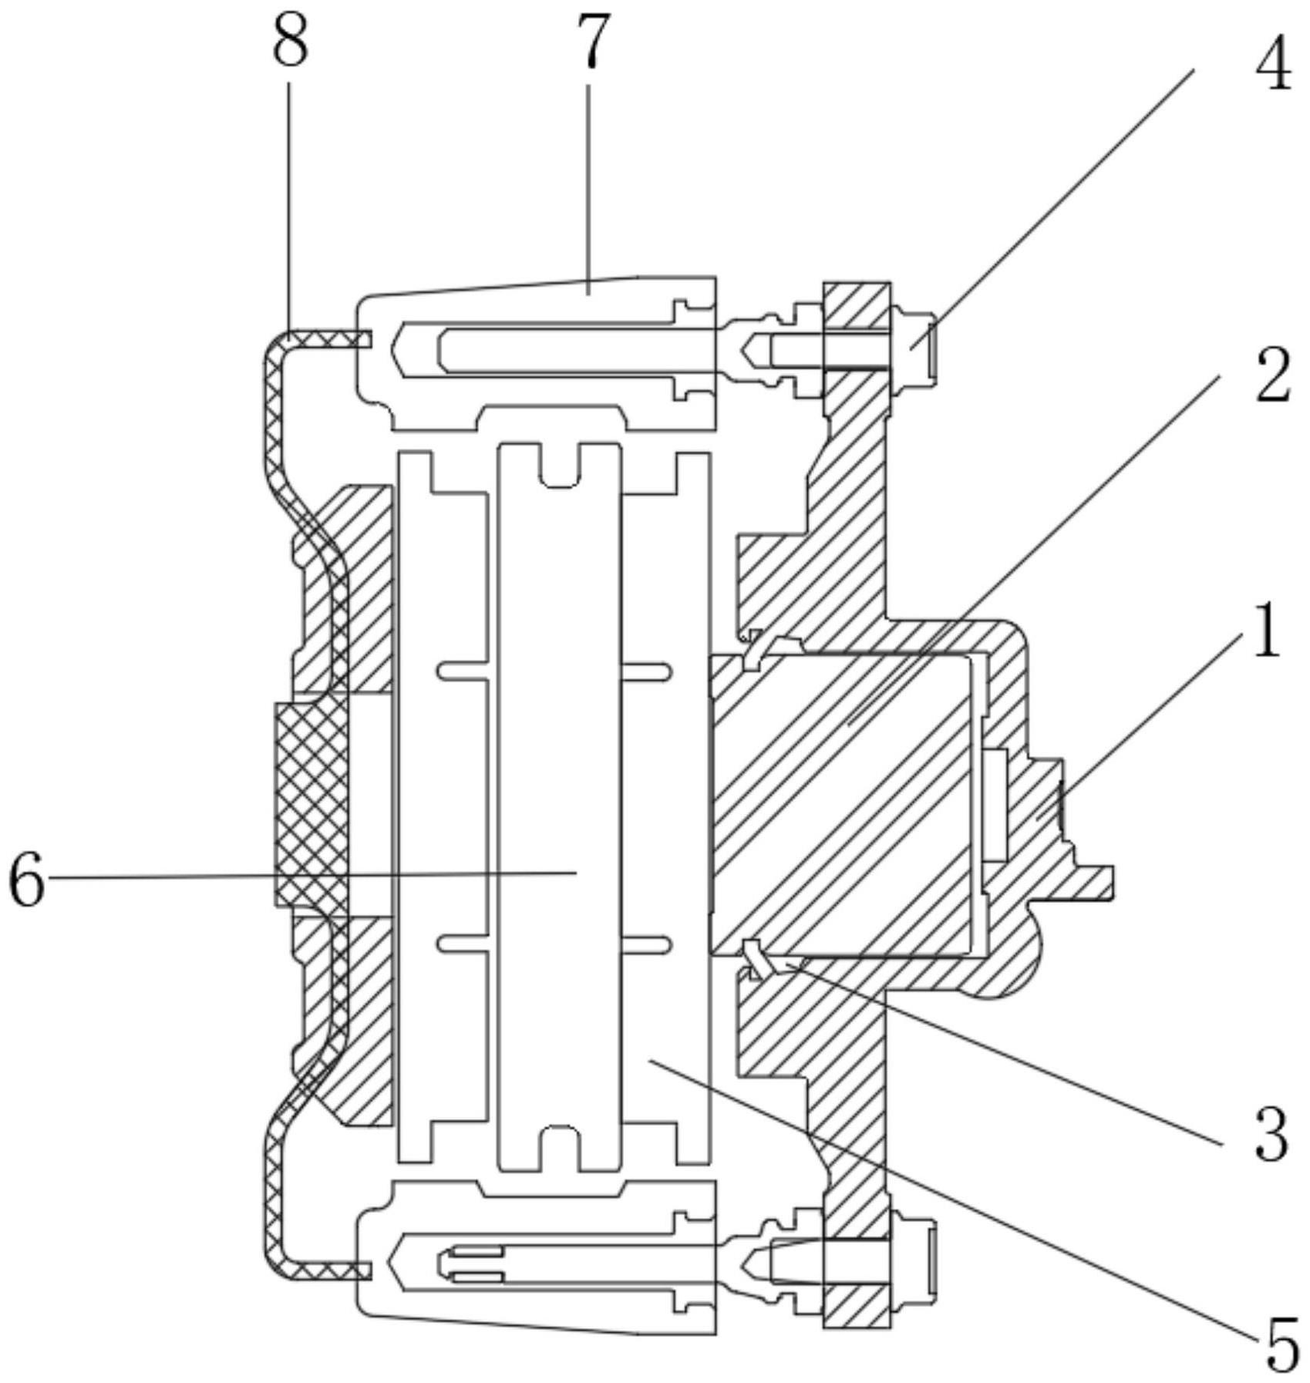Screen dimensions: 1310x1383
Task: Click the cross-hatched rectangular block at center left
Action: [x=312, y=803]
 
